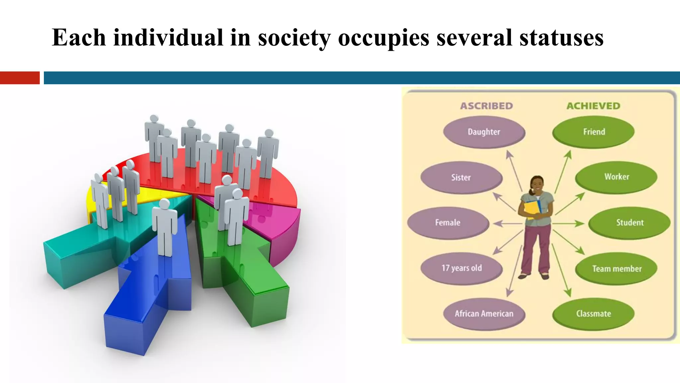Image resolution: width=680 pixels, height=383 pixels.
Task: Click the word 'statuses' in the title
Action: click(x=561, y=38)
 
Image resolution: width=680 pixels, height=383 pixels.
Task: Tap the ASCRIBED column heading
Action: click(x=486, y=106)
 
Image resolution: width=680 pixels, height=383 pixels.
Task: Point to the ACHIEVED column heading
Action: click(x=593, y=106)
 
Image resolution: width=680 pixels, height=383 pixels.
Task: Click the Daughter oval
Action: click(x=484, y=132)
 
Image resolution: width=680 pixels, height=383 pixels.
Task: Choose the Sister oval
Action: click(x=461, y=178)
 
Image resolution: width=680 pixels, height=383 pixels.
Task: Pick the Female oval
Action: click(x=448, y=223)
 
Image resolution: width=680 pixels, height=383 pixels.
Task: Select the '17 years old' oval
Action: click(x=462, y=268)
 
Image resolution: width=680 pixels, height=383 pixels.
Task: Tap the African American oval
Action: click(x=484, y=314)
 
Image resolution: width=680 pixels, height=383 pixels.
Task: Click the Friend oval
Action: click(x=594, y=132)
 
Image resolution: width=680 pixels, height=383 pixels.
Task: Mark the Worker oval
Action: click(x=616, y=177)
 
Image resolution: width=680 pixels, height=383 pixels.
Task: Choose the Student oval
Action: click(x=630, y=223)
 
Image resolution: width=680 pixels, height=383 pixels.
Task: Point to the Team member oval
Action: click(x=616, y=269)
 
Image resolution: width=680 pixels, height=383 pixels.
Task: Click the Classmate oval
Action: click(x=593, y=314)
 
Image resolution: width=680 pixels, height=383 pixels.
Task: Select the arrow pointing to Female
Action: click(x=507, y=223)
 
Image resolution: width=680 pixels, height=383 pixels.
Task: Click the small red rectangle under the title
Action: click(x=20, y=78)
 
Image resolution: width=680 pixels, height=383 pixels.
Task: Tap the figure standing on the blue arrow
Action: click(x=164, y=226)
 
